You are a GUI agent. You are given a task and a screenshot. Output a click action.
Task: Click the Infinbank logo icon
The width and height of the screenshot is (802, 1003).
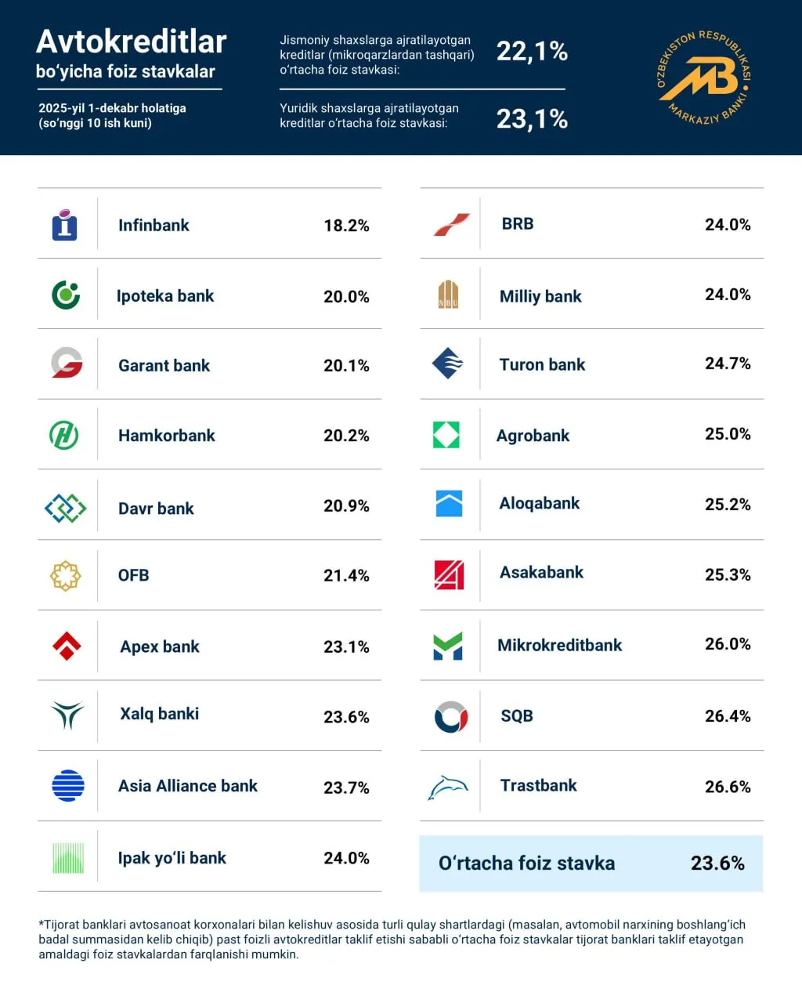[x=64, y=225]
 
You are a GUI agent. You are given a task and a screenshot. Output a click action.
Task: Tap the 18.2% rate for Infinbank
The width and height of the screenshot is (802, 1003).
[x=346, y=226]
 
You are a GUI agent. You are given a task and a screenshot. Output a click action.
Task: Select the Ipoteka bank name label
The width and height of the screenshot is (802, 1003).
[x=165, y=296]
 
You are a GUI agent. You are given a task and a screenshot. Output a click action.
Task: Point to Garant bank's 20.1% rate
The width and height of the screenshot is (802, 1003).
[x=346, y=366]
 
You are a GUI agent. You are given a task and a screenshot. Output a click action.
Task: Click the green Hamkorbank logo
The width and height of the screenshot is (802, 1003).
[x=64, y=435]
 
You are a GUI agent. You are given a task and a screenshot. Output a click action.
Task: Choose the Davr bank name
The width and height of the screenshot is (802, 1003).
[x=156, y=509]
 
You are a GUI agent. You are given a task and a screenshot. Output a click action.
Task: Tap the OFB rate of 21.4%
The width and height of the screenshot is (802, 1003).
[x=346, y=576]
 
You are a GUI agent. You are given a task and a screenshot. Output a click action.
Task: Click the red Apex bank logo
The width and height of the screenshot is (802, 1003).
[x=67, y=646]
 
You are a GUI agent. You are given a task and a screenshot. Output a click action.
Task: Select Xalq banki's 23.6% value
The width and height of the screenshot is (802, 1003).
[x=346, y=717]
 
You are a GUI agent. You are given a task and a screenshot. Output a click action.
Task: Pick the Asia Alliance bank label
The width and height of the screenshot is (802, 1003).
[x=188, y=786]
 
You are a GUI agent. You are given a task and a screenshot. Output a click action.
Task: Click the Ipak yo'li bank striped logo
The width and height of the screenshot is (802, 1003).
[x=68, y=858]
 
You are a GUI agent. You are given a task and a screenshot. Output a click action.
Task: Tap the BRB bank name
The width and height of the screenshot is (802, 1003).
[x=518, y=224]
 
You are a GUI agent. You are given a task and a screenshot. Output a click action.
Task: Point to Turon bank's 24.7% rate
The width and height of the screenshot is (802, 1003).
[x=728, y=364]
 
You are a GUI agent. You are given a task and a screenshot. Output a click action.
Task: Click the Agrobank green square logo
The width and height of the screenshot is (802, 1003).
[x=446, y=435]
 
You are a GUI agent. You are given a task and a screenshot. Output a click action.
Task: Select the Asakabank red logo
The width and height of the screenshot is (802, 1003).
[x=449, y=574]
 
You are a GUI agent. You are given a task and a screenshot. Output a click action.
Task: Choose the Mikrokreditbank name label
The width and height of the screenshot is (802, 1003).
[x=559, y=646]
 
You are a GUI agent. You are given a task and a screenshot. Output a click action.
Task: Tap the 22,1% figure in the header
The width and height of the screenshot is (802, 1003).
[x=532, y=52]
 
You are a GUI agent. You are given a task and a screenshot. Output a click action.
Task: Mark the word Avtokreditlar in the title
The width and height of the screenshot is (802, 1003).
[x=132, y=42]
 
